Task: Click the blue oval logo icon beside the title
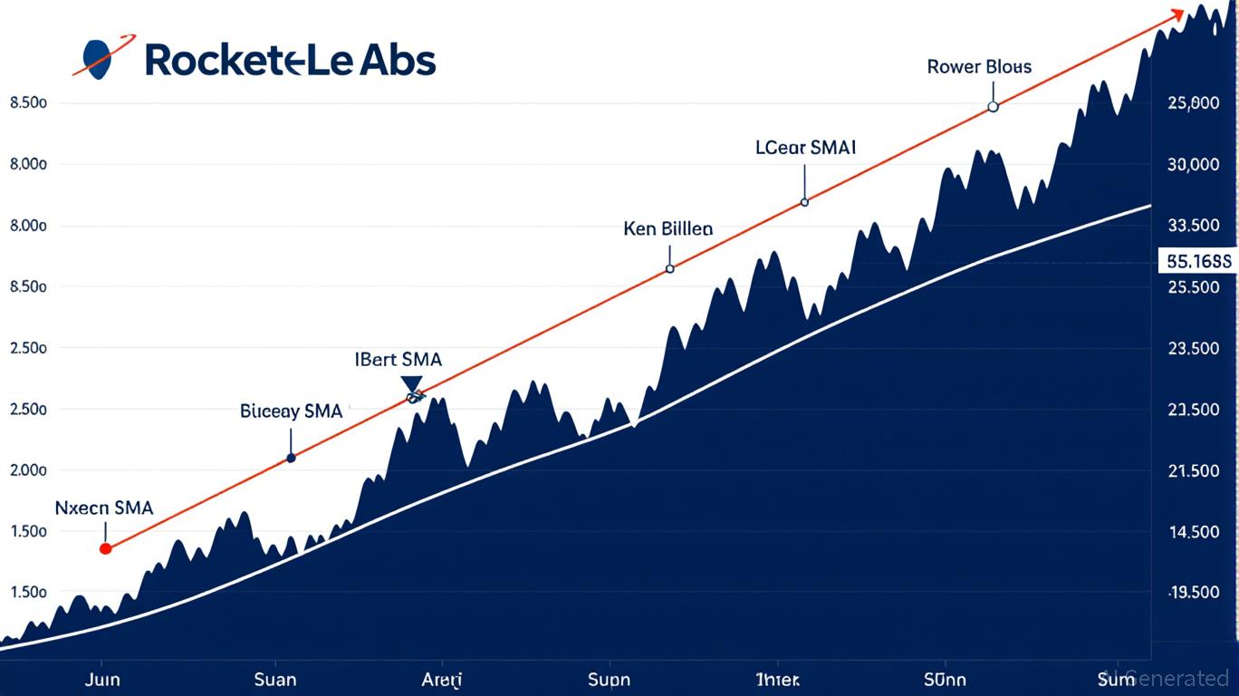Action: pyautogui.click(x=97, y=59)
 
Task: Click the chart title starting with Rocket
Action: pyautogui.click(x=290, y=60)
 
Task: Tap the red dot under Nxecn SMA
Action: pyautogui.click(x=105, y=548)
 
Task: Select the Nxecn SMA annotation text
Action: pyautogui.click(x=104, y=508)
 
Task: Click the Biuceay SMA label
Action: pyautogui.click(x=292, y=411)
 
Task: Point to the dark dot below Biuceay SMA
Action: pyautogui.click(x=291, y=459)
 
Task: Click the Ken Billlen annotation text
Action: pyautogui.click(x=668, y=228)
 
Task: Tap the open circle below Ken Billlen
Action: pyautogui.click(x=669, y=268)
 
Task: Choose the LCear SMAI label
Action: pyautogui.click(x=806, y=147)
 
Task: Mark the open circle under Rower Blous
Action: pyautogui.click(x=993, y=107)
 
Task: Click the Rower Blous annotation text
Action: pyautogui.click(x=979, y=67)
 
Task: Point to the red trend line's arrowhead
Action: pyautogui.click(x=1177, y=14)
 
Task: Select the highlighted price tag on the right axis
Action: pyautogui.click(x=1198, y=262)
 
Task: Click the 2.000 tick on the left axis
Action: pyautogui.click(x=27, y=470)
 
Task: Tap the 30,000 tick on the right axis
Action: pyautogui.click(x=1195, y=165)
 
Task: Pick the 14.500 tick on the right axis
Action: pyautogui.click(x=1195, y=532)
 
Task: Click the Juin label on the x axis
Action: pyautogui.click(x=102, y=679)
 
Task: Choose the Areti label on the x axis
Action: pyautogui.click(x=442, y=679)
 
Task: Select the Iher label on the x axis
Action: pyautogui.click(x=779, y=679)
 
